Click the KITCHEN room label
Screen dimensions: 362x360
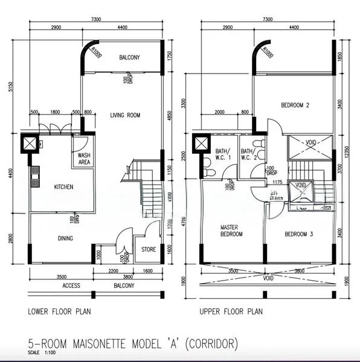click(x=63, y=187)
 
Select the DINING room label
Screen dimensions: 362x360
click(x=65, y=238)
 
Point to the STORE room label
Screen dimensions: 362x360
click(x=149, y=249)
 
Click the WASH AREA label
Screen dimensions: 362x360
click(x=85, y=159)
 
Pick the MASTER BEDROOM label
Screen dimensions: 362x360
click(x=231, y=230)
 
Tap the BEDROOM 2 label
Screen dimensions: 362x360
click(x=295, y=106)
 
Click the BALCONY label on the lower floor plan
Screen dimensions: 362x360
click(x=129, y=58)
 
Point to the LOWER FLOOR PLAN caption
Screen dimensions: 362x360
click(x=60, y=312)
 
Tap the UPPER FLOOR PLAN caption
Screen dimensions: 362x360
click(x=231, y=312)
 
